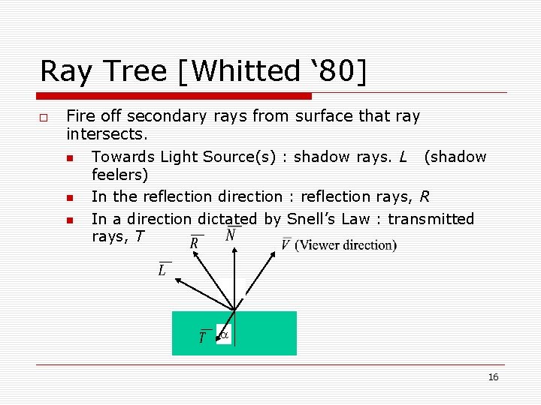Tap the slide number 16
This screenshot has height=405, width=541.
(x=493, y=377)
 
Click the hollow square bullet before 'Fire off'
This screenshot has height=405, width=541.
(x=44, y=118)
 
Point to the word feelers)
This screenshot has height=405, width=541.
(x=119, y=175)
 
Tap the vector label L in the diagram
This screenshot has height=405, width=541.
(x=162, y=270)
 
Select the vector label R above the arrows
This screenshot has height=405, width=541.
(x=195, y=243)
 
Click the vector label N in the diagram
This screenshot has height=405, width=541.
(x=231, y=235)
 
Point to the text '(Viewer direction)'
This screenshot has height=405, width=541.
(x=346, y=245)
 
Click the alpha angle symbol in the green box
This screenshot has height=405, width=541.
(x=223, y=335)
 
